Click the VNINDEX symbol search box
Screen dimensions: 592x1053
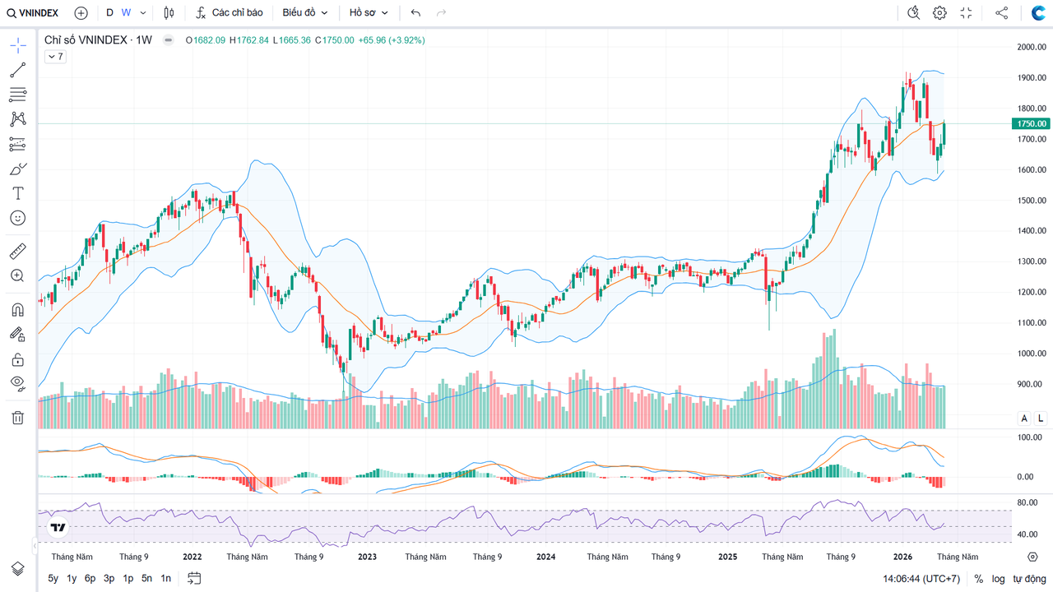pyautogui.click(x=34, y=13)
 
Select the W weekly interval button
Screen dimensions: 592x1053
pyautogui.click(x=126, y=13)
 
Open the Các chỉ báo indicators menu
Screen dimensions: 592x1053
pyautogui.click(x=230, y=13)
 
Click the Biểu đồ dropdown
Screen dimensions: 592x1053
pyautogui.click(x=305, y=13)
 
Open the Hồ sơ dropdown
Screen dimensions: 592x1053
pyautogui.click(x=369, y=13)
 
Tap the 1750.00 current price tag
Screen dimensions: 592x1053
pyautogui.click(x=1032, y=123)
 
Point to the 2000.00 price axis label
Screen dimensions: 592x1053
pyautogui.click(x=1032, y=47)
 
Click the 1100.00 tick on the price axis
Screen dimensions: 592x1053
pyautogui.click(x=1032, y=323)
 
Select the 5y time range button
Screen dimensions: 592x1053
pyautogui.click(x=53, y=578)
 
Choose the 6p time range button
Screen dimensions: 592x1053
pyautogui.click(x=90, y=578)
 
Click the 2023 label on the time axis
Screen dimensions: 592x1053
pyautogui.click(x=367, y=557)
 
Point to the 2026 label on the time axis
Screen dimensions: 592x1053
pyautogui.click(x=902, y=557)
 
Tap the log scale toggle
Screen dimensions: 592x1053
pyautogui.click(x=998, y=579)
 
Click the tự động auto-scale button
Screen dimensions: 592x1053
pyautogui.click(x=1029, y=579)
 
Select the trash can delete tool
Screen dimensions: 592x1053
pyautogui.click(x=17, y=418)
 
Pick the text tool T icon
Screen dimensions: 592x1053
pyautogui.click(x=17, y=193)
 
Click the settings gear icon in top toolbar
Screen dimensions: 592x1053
pyautogui.click(x=939, y=13)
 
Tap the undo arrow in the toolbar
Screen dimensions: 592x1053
pyautogui.click(x=415, y=13)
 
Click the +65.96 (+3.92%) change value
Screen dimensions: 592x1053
pyautogui.click(x=392, y=40)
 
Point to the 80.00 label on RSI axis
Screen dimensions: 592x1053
pyautogui.click(x=1027, y=502)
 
